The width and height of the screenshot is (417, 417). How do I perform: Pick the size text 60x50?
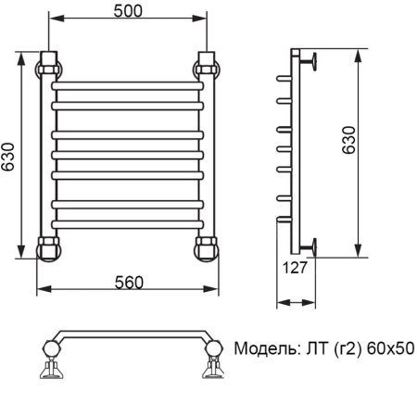click(390, 349)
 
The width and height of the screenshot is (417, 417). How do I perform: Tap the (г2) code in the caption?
click(344, 349)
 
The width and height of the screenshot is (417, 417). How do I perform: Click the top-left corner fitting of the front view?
click(48, 69)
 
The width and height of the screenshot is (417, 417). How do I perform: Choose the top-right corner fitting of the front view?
click(207, 69)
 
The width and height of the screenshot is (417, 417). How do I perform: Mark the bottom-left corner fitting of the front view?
click(48, 247)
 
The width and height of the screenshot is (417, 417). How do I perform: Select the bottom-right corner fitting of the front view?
click(207, 247)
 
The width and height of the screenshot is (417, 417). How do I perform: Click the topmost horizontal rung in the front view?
click(127, 86)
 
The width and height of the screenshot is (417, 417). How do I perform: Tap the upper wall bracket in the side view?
click(316, 64)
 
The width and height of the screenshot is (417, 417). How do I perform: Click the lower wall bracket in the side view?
click(316, 245)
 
